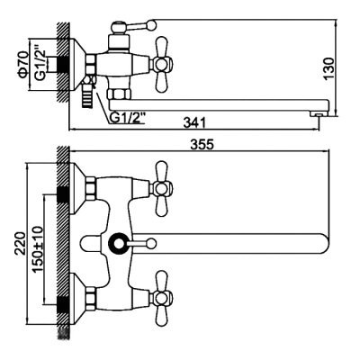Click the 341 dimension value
pyautogui.click(x=194, y=123)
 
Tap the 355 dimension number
pyautogui.click(x=202, y=145)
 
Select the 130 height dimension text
pyautogui.click(x=328, y=68)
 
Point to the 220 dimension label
pyautogui.click(x=21, y=243)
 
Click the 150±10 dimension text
pyautogui.click(x=38, y=249)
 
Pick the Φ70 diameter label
pyautogui.click(x=23, y=65)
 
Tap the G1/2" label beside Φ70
pyautogui.click(x=40, y=63)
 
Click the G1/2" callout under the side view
pyautogui.click(x=128, y=118)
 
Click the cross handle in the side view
pyautogui.click(x=162, y=64)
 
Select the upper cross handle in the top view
pyautogui.click(x=162, y=189)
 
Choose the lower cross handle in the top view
pyautogui.click(x=162, y=298)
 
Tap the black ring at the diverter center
pyautogui.click(x=118, y=243)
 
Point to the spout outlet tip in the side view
pyautogui.click(x=319, y=114)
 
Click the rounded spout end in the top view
pyautogui.click(x=323, y=243)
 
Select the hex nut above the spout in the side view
pyautogui.click(x=120, y=94)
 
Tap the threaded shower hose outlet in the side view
pyautogui.click(x=86, y=98)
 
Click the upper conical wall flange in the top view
pyautogui.click(x=77, y=189)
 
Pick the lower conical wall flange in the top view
pyautogui.click(x=77, y=298)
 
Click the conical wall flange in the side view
pyautogui.click(x=77, y=64)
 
